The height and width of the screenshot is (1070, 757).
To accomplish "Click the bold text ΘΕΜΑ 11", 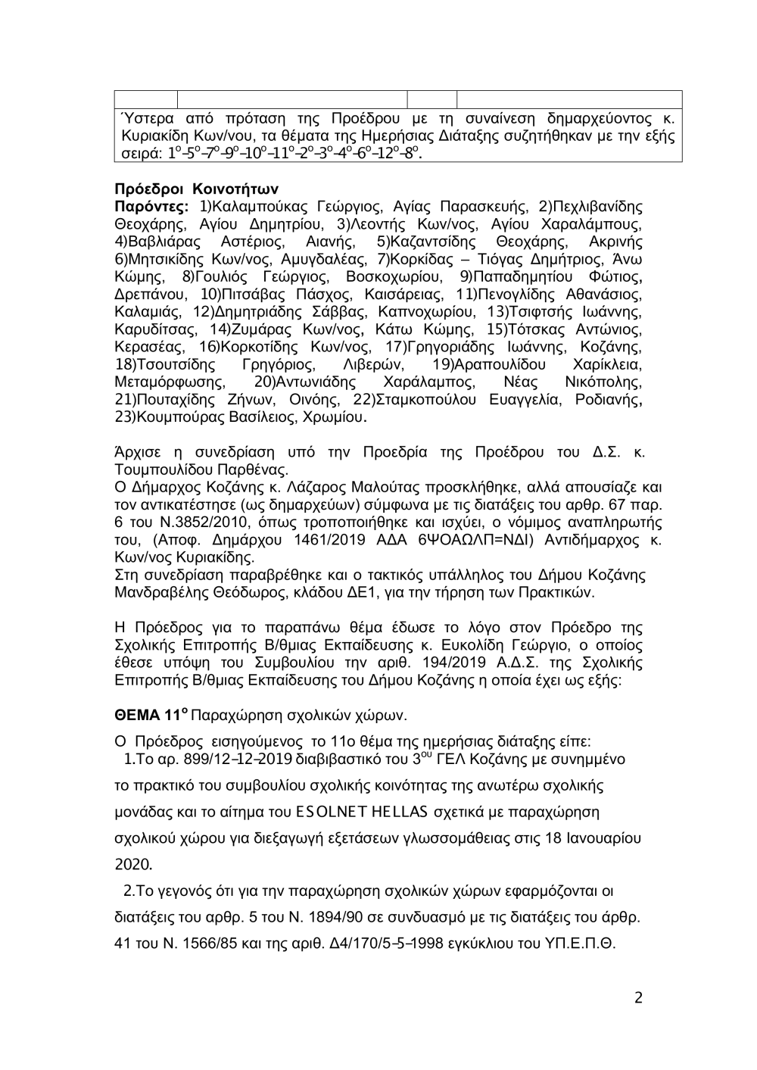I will tap(149, 714).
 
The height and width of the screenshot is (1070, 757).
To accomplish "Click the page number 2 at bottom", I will tap(638, 998).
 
